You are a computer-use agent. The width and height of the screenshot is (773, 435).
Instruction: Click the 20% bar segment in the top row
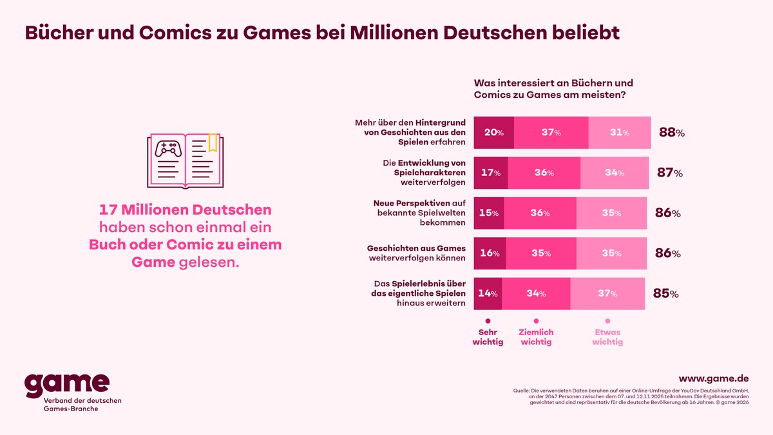point(493,133)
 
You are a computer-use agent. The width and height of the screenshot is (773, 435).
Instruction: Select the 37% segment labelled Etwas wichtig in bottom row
point(607,294)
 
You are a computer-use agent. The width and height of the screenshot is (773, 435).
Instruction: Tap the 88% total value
point(671,133)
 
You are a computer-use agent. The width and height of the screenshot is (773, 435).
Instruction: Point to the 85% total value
point(665,294)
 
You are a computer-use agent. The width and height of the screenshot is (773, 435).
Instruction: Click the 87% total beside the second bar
point(670,173)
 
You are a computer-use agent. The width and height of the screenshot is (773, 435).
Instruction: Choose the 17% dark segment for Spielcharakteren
point(491,173)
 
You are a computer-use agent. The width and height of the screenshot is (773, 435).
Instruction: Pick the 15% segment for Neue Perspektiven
point(489,213)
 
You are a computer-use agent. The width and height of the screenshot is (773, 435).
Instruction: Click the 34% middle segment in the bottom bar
point(536,294)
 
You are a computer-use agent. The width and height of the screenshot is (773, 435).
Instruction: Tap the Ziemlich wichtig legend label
point(536,336)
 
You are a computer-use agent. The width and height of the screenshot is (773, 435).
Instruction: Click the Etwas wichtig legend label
point(607,336)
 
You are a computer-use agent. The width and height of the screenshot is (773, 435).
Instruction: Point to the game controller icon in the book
point(168,150)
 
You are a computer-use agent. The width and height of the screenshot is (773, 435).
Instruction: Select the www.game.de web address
point(714,379)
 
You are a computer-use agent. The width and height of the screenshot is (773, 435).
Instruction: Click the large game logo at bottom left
point(66,385)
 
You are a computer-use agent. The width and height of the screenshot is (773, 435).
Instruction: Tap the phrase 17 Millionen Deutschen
point(185,210)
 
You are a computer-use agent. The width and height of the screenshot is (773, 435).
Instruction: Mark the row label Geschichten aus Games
point(416,248)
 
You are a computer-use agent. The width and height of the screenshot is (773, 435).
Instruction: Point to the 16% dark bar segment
point(490,253)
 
